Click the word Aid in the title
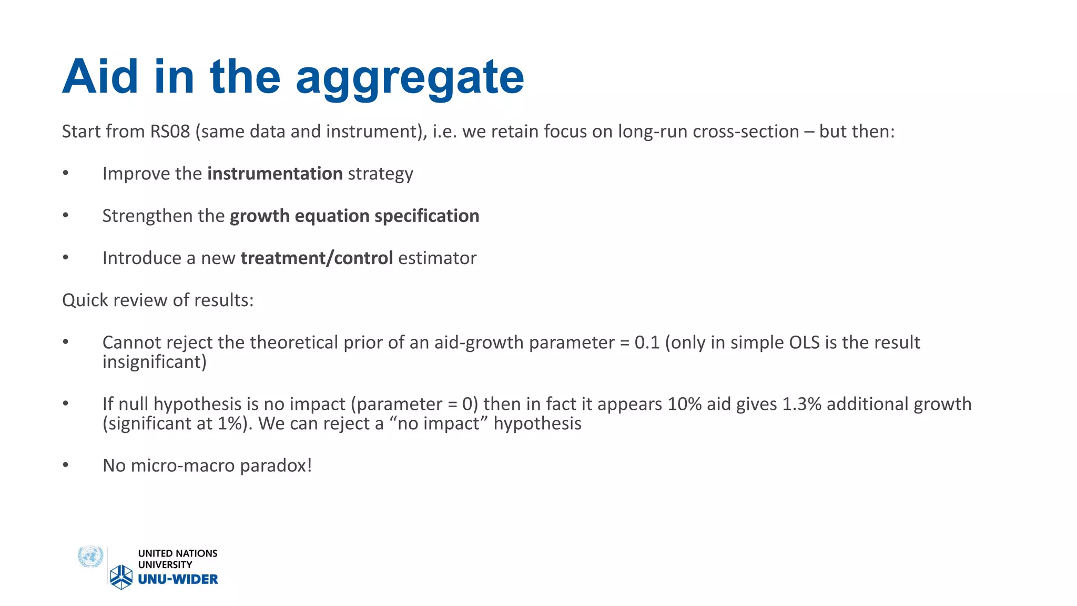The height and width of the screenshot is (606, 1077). point(100,77)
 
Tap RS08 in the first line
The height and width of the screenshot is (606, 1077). point(170,132)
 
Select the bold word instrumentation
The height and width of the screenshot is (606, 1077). point(275,174)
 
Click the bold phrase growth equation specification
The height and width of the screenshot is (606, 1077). point(354,216)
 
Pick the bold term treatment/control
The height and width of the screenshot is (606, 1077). point(317,258)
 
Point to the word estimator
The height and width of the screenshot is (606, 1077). point(437,258)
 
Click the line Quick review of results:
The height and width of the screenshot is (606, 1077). point(158,300)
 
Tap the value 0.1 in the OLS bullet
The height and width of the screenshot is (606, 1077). point(647,342)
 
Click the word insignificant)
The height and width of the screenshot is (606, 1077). point(154,362)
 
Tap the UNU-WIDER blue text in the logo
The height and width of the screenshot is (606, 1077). point(178,579)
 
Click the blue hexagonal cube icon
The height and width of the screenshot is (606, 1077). point(121,577)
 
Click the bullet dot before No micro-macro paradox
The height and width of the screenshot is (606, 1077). point(66,465)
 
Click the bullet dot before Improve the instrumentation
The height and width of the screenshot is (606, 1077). point(66,173)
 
